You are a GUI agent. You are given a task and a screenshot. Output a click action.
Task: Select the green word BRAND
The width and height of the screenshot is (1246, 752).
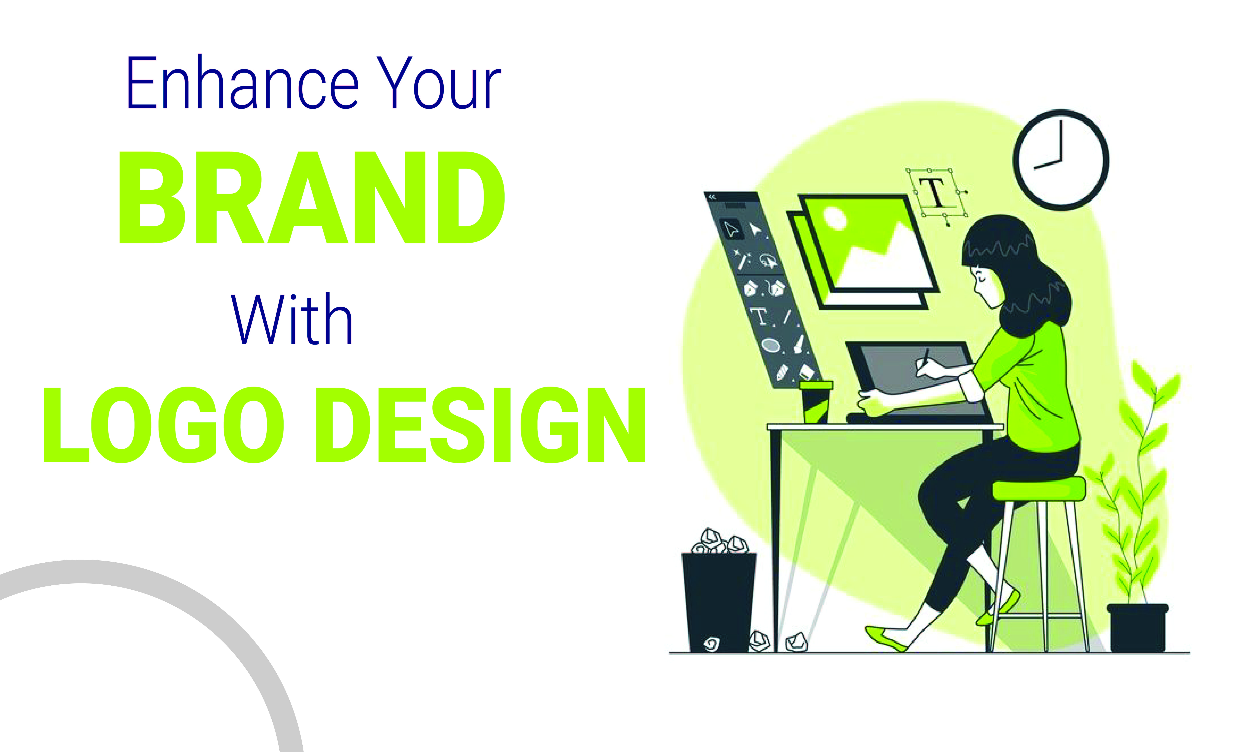312,198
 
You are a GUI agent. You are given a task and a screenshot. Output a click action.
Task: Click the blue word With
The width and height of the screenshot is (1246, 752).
292,319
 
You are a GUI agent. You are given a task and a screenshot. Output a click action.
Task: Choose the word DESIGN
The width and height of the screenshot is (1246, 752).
480,425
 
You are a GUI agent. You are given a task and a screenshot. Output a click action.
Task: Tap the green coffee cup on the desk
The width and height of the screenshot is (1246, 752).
815,402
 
